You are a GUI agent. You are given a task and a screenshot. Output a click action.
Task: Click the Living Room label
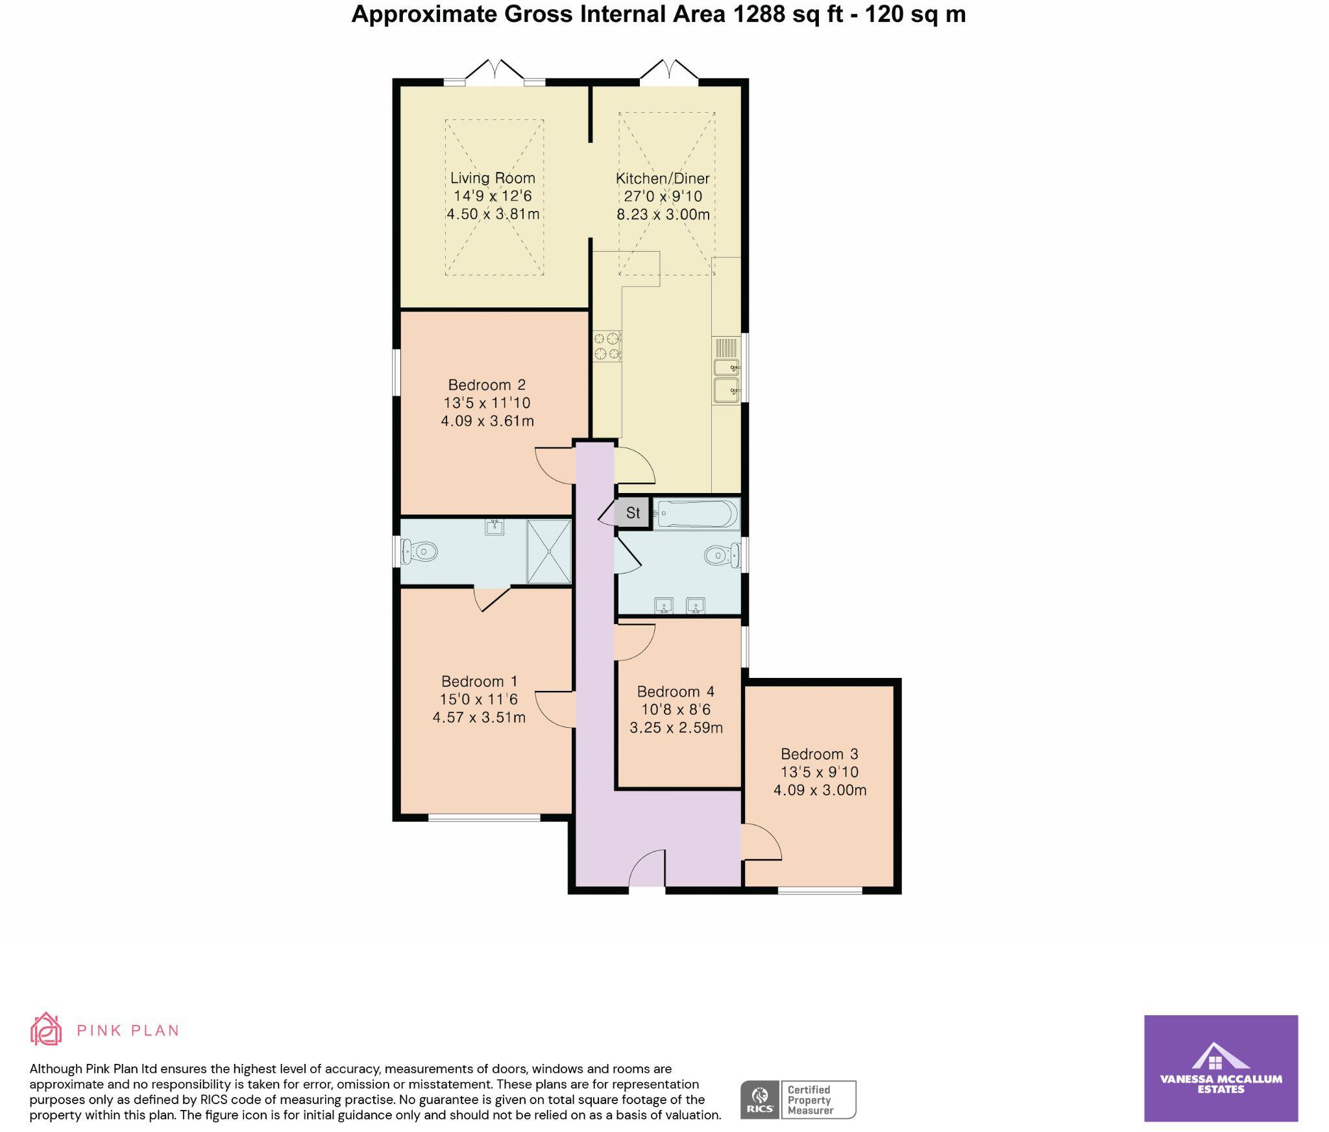[x=493, y=178]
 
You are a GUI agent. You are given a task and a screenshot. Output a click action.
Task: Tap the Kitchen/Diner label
[x=663, y=178]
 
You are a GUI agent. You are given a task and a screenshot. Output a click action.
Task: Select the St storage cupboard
[x=633, y=513]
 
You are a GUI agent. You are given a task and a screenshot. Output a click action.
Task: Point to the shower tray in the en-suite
[x=549, y=551]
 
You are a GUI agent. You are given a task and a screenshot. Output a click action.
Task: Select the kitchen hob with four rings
[x=607, y=346]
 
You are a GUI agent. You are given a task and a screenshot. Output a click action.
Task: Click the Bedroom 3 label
[x=819, y=754]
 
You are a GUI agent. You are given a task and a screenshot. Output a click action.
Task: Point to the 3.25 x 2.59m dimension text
[x=676, y=727]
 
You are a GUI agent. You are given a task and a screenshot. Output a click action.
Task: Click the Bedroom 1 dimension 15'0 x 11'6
[x=479, y=699]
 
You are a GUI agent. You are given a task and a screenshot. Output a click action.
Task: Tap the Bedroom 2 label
[x=487, y=385]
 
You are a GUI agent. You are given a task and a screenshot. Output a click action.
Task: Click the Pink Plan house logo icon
[x=46, y=1029]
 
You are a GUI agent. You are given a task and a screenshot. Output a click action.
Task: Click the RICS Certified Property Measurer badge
[x=798, y=1100]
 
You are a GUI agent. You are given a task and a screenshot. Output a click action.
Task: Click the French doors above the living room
[x=494, y=71]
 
